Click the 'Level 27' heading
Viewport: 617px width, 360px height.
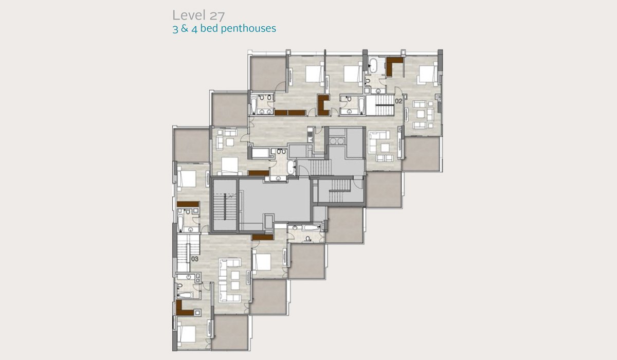(x=198, y=15)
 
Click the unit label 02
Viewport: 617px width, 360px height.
(x=398, y=101)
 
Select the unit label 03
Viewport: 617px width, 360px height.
(x=194, y=259)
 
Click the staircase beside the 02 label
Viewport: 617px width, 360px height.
(x=380, y=105)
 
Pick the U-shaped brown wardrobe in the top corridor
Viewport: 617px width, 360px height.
(x=323, y=105)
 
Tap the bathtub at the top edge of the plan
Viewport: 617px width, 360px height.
(x=373, y=65)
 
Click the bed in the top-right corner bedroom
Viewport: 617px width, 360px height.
(x=427, y=74)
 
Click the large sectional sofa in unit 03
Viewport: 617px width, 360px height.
(x=230, y=280)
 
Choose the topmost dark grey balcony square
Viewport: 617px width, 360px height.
(x=268, y=74)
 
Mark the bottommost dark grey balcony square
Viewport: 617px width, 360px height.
(x=230, y=332)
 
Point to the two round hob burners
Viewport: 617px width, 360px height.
(x=337, y=141)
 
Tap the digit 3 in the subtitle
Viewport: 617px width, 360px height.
(x=175, y=29)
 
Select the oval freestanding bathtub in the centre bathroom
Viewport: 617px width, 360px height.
(x=291, y=167)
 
